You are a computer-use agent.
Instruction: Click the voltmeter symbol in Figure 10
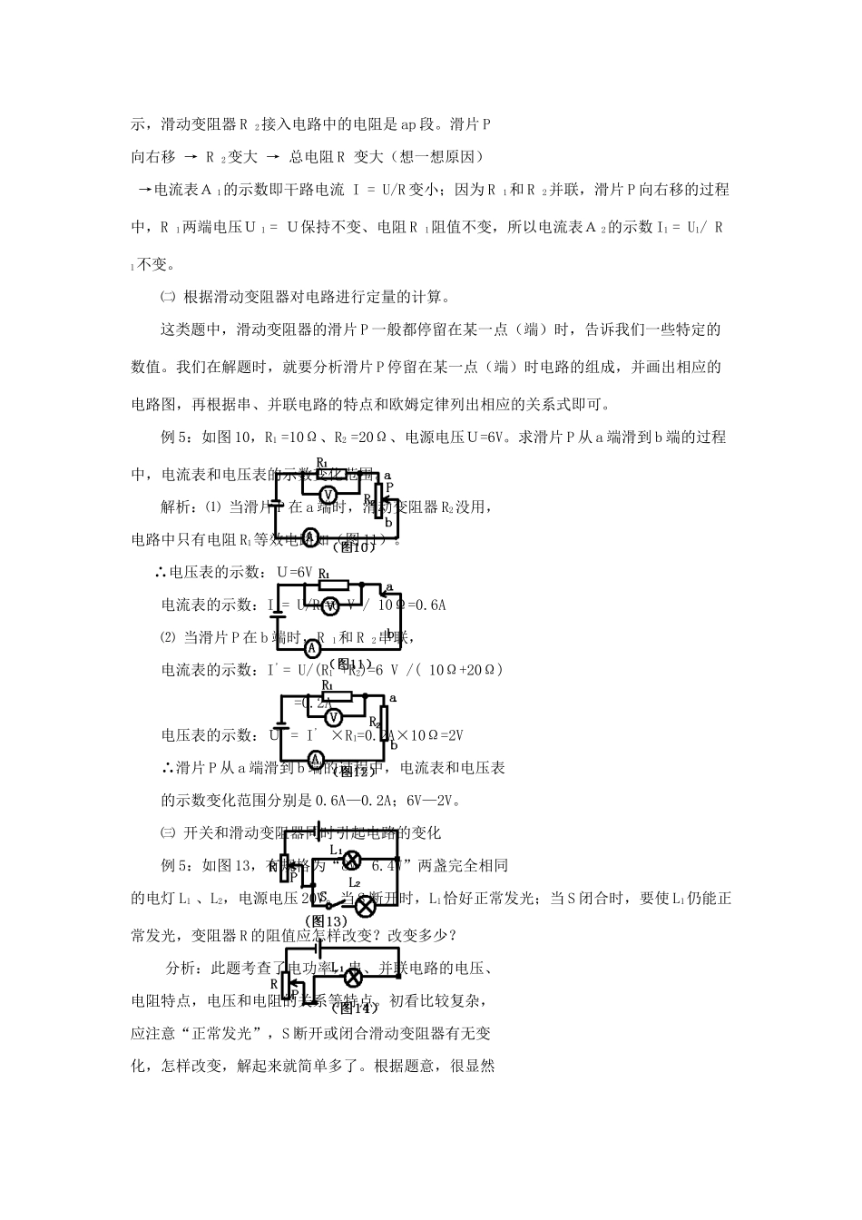pos(330,493)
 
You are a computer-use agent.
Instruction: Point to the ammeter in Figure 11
pos(312,648)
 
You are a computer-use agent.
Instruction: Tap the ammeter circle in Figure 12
pos(314,758)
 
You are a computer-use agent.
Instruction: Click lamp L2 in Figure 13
pos(365,905)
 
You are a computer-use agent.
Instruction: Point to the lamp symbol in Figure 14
pos(351,977)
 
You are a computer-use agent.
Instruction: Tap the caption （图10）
pos(351,547)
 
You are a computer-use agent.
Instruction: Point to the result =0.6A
pos(426,605)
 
